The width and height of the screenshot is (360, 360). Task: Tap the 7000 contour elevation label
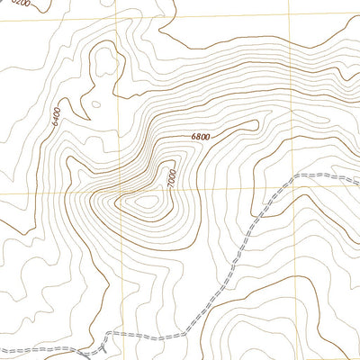coord(172,177)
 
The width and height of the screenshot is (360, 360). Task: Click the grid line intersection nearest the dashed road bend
coord(289,192)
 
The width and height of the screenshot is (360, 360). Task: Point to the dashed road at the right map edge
coord(357,180)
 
